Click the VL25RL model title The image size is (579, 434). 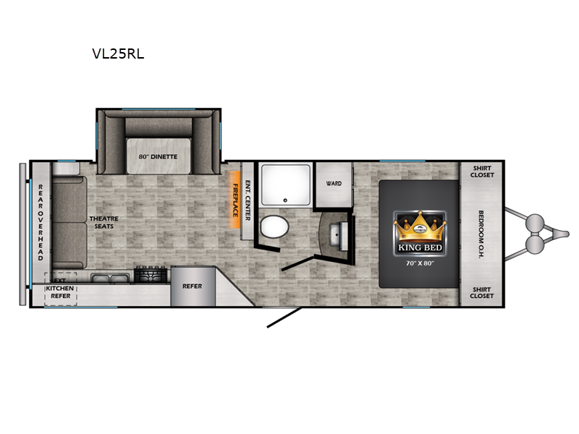(x=118, y=54)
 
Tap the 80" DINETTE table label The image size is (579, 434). (x=158, y=156)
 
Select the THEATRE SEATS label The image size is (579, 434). (x=103, y=223)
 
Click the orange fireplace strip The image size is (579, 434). (x=234, y=200)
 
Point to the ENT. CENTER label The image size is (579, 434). (x=248, y=200)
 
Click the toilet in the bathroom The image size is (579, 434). (x=274, y=226)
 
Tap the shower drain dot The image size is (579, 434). (x=285, y=200)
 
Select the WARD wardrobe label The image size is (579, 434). (x=334, y=184)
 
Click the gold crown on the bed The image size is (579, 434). (x=420, y=227)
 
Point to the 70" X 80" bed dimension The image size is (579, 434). (x=420, y=263)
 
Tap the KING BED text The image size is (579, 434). (x=420, y=247)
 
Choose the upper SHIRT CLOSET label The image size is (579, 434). (x=482, y=171)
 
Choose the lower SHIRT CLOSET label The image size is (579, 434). (x=482, y=293)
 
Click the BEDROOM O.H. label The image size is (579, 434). (x=481, y=234)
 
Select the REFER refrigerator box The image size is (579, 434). (x=193, y=286)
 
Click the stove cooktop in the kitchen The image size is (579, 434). (x=151, y=275)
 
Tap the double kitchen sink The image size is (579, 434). (x=110, y=278)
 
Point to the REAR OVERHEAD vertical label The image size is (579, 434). (x=41, y=223)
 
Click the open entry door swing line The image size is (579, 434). (x=284, y=317)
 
